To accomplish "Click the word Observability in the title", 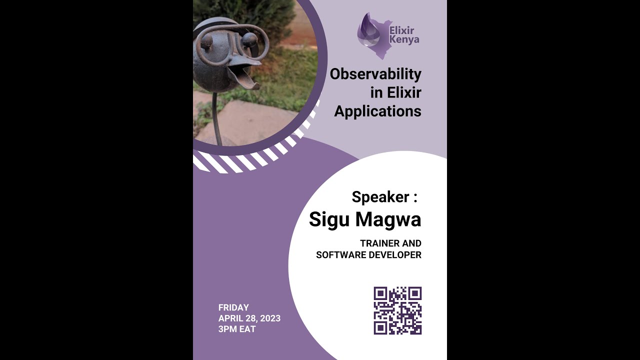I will click(375, 74).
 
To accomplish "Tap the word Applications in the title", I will click(377, 111).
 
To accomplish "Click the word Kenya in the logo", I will click(404, 39).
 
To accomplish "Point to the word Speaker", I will click(380, 197).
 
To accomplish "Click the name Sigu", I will click(329, 219).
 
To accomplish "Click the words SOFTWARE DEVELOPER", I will click(368, 255).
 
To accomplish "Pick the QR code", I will click(397, 310).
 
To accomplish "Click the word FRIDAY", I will click(233, 307).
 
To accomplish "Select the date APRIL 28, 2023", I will click(249, 318).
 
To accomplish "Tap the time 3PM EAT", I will click(237, 329).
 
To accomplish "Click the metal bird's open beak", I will click(245, 75).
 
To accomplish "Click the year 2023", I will click(270, 318).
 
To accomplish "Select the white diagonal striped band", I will click(240, 162).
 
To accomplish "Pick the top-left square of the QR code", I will click(380, 293).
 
